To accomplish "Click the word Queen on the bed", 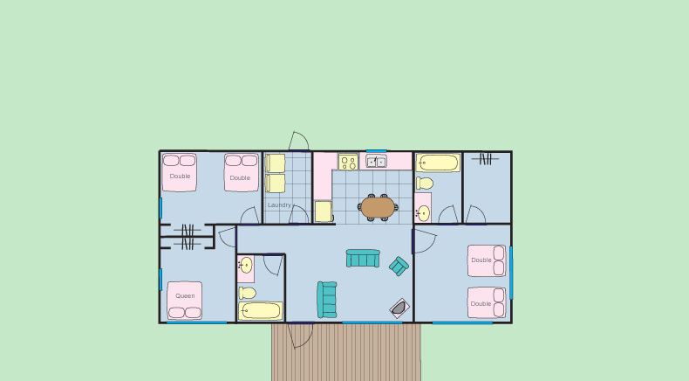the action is [185, 296].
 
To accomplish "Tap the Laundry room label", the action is [279, 205].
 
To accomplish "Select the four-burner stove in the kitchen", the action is [348, 162].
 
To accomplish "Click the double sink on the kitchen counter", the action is [377, 162].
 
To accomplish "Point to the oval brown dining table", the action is [378, 207].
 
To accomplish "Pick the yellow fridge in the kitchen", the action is [324, 211].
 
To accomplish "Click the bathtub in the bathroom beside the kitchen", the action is [438, 163].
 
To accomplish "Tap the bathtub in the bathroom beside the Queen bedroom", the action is [260, 311].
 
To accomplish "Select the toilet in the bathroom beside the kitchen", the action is [425, 183].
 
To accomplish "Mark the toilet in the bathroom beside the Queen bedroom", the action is [248, 293].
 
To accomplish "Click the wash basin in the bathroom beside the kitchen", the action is [423, 213].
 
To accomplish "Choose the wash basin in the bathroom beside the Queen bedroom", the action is [246, 265].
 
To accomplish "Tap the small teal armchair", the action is [399, 266].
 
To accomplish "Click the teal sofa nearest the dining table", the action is [363, 259].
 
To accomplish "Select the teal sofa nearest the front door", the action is [327, 300].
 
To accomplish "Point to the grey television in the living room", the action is [399, 308].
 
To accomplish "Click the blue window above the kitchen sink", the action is [376, 151].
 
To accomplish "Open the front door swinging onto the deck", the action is [301, 335].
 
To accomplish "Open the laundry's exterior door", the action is [299, 141].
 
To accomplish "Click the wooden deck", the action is [346, 352].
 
